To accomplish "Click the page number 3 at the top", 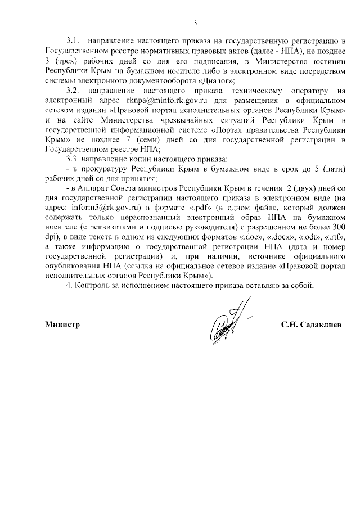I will pyautogui.click(x=195, y=22).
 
